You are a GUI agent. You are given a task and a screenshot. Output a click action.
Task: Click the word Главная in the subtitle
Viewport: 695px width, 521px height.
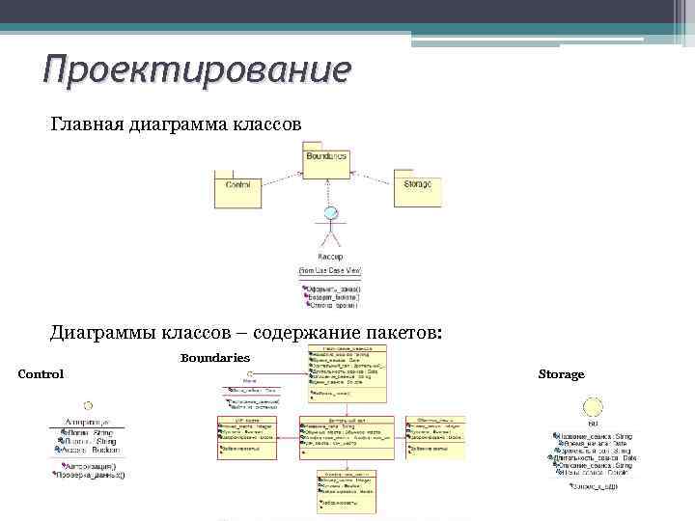[88, 124]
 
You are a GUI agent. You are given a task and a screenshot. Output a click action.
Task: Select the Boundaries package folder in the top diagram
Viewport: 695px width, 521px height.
[325, 163]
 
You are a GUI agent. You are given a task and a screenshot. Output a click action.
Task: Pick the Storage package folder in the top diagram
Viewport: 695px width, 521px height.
[417, 188]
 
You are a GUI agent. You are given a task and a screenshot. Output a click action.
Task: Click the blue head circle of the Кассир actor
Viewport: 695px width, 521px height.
[332, 213]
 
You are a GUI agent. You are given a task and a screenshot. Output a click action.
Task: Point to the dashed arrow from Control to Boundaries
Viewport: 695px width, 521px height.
[280, 178]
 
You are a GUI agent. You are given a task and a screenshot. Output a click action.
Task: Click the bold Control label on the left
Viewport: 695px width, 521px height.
[41, 374]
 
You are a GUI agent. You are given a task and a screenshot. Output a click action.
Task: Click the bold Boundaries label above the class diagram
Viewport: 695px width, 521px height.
[215, 358]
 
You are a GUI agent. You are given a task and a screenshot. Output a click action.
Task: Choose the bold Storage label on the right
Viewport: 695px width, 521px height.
[561, 373]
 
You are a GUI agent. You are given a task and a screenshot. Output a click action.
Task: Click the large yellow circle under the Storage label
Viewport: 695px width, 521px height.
[592, 407]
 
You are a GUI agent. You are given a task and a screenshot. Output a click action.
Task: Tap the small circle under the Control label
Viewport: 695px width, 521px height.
[88, 405]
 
